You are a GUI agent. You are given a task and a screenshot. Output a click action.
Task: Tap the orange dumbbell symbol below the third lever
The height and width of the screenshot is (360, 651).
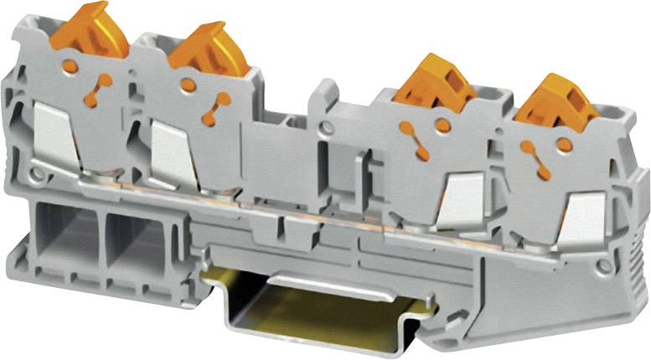(411, 134)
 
